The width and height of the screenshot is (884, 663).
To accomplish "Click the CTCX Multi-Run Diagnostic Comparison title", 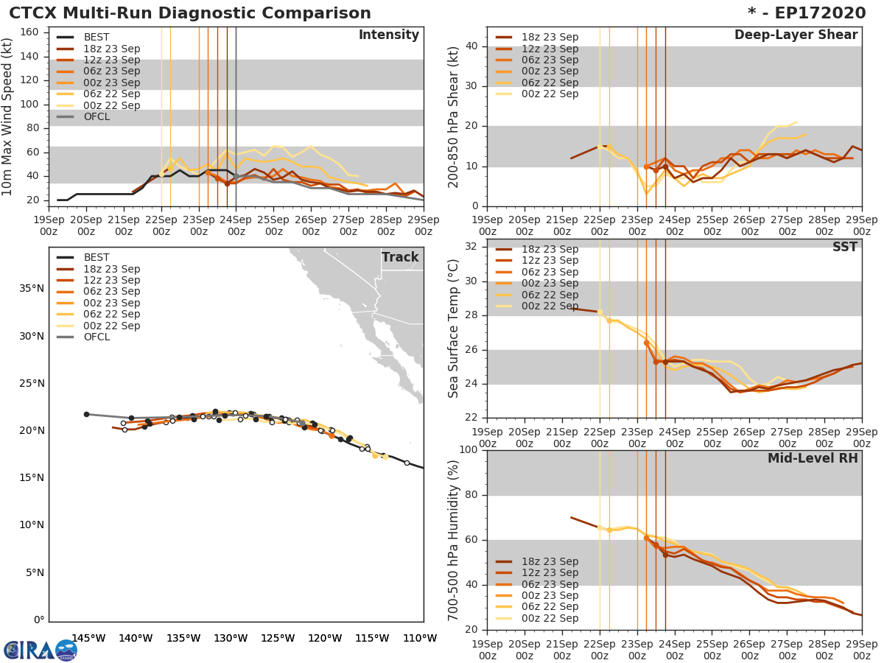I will tap(190, 13).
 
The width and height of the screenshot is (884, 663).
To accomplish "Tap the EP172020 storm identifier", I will tap(818, 13).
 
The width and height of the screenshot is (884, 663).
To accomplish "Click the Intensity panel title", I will tap(388, 35).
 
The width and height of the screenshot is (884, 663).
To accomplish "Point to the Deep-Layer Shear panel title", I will tap(796, 35).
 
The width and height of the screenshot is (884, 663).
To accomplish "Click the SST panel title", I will tap(845, 248).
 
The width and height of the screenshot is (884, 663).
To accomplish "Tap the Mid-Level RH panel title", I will tap(813, 459).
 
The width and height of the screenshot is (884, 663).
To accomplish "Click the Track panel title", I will tap(400, 257).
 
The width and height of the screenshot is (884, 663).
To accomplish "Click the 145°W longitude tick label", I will tap(88, 638).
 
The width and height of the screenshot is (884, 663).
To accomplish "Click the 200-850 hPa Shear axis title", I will tap(455, 117).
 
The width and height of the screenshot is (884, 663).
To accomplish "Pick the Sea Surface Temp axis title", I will tap(455, 329).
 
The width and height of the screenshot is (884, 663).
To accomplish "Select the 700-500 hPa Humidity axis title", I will tap(455, 540).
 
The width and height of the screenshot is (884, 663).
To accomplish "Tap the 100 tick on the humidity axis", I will tap(469, 450).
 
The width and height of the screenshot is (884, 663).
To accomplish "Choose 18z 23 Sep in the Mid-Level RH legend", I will tap(549, 562).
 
